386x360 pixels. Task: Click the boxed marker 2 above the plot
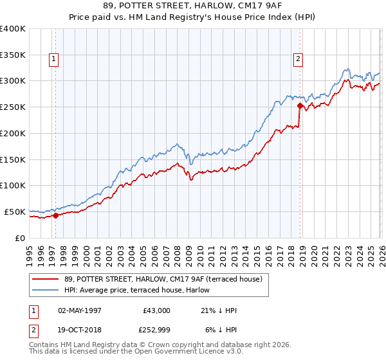tap(299, 60)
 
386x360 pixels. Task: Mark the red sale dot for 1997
tap(55, 215)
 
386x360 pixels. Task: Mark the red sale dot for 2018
tap(300, 106)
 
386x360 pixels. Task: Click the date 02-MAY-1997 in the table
tap(80, 310)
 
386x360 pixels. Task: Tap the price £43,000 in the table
tap(156, 310)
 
